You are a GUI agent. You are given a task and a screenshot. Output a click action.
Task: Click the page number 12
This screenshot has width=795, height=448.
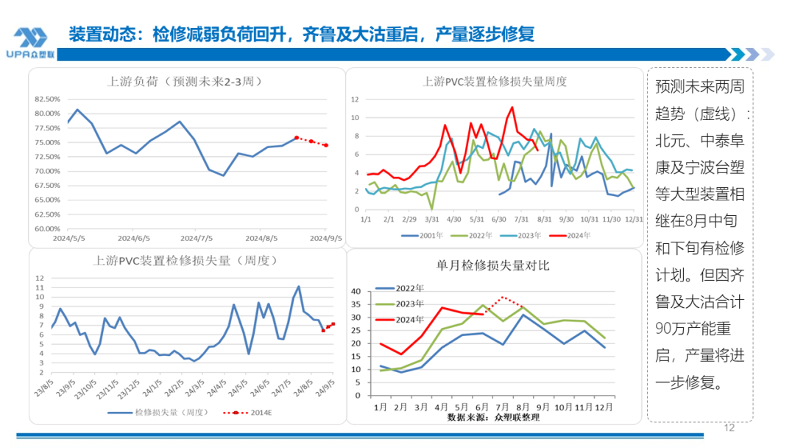[x=729, y=427]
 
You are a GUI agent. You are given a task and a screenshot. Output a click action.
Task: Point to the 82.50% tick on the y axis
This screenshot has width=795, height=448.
[x=47, y=99]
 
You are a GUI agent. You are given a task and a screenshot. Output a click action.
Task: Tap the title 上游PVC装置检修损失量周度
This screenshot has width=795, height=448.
[x=495, y=81]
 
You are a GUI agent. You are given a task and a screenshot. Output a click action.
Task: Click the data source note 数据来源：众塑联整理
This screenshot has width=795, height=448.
[x=493, y=417]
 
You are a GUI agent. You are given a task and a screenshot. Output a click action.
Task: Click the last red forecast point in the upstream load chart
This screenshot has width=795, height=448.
[x=326, y=145]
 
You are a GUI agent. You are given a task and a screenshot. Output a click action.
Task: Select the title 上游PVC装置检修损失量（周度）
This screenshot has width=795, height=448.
[x=185, y=260]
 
